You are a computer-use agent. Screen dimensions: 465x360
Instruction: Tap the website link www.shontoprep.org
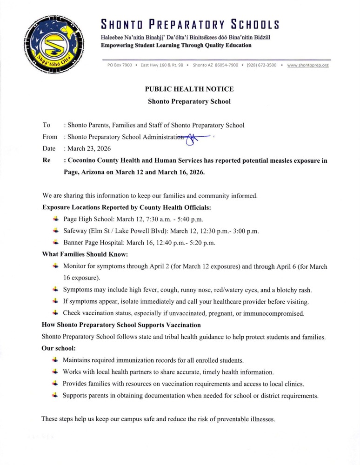(308, 66)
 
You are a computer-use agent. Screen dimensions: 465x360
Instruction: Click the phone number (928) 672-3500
(261, 66)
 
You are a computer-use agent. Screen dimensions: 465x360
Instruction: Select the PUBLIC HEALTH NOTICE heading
(189, 89)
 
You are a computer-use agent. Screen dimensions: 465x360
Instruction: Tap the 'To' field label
(46, 125)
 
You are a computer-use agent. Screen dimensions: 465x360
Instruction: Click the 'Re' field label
(46, 160)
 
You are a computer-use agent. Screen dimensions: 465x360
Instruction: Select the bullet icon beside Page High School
(55, 219)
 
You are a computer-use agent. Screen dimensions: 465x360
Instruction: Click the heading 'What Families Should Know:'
(85, 254)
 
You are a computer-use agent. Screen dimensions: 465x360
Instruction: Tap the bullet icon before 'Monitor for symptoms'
(55, 266)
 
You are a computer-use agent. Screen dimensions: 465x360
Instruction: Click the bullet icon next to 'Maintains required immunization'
(55, 360)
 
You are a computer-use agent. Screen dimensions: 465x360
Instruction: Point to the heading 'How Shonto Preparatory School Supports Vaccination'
(121, 325)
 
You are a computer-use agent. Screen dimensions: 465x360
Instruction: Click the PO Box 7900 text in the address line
(120, 66)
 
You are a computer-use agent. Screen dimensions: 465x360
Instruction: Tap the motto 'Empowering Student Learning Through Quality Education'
(176, 46)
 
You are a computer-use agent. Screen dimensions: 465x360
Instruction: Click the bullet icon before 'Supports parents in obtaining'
(55, 395)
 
